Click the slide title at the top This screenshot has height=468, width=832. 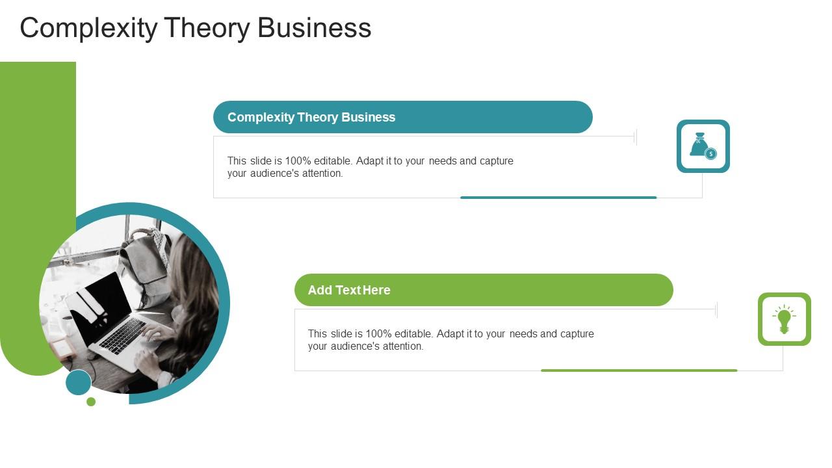195,29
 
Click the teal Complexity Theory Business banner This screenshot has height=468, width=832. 402,117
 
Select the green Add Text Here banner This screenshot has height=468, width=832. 484,290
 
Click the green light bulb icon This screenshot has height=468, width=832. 784,319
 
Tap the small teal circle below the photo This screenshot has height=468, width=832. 79,382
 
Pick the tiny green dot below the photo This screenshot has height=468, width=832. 91,402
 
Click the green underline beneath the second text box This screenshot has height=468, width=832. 639,370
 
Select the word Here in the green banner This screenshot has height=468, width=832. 376,290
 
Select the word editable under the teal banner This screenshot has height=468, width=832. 333,161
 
